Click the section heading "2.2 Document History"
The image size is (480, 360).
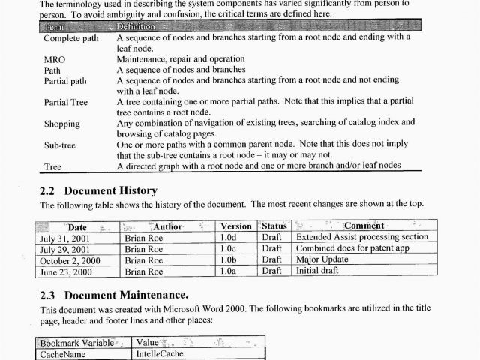98,190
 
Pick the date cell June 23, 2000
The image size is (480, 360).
69,271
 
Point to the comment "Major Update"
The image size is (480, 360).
322,259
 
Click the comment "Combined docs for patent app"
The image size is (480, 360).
352,248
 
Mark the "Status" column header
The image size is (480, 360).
274,226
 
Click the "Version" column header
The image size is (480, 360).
236,226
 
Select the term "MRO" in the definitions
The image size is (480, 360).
54,58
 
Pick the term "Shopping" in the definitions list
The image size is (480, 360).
61,124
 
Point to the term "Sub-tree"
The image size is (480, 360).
59,145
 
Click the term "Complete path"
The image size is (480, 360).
70,37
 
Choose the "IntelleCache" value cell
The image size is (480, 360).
159,354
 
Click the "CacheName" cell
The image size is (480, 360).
63,354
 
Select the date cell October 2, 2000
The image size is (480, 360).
73,259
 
